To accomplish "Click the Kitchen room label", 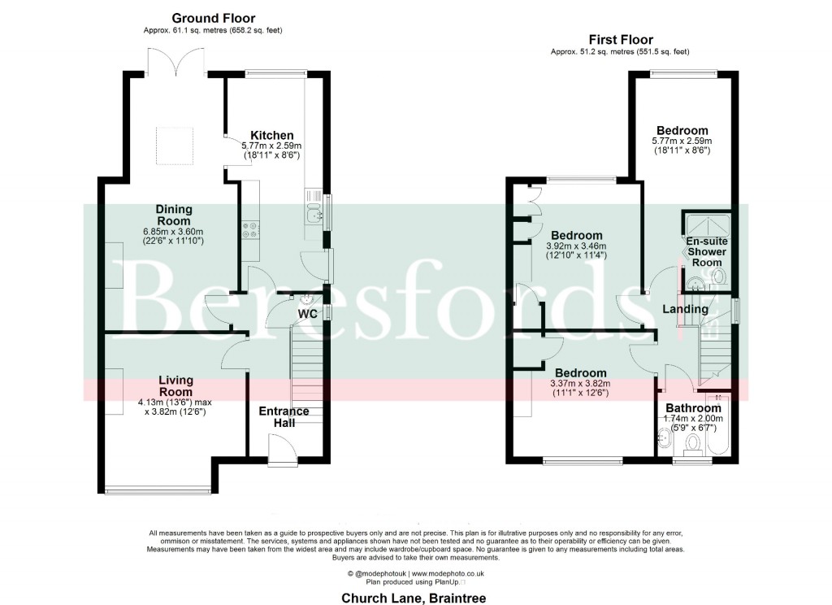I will pos(271,135).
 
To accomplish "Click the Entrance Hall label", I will pos(284,416).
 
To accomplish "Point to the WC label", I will pos(307,313).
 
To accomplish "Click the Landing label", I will pos(685,309).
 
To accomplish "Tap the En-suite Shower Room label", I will pos(705,252).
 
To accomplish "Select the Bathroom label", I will pos(693,408).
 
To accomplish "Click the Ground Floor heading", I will pos(214,18).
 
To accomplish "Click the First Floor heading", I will pos(620,39).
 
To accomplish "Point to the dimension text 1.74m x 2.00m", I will pos(693,418).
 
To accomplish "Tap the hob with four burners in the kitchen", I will pos(249,230).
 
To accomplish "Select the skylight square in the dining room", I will pos(174,146).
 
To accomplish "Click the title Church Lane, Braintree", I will pos(415,597).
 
